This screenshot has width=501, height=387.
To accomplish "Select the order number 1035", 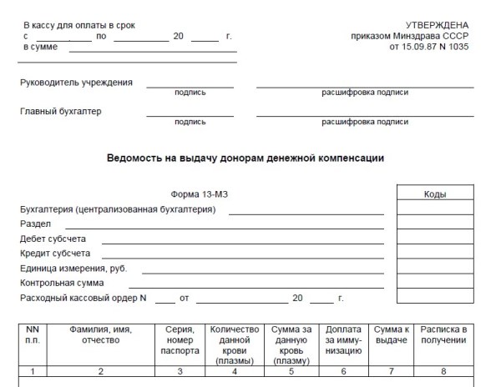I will pyautogui.click(x=458, y=47).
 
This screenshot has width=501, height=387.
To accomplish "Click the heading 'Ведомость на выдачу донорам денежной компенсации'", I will pyautogui.click(x=246, y=158).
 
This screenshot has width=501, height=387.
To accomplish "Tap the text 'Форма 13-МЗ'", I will pyautogui.click(x=200, y=194).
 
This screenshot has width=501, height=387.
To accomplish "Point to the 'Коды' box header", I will pyautogui.click(x=435, y=194).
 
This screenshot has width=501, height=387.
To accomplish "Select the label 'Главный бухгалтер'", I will pyautogui.click(x=60, y=111).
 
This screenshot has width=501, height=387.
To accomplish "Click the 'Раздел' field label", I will pyautogui.click(x=36, y=224).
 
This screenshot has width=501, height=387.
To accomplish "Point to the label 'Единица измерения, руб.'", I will pyautogui.click(x=73, y=268).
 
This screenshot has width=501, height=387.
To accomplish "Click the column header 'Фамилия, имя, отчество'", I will pyautogui.click(x=101, y=334).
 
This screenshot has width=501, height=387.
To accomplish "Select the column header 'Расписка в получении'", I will pyautogui.click(x=443, y=334).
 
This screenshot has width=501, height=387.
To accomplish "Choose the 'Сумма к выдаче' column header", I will pyautogui.click(x=390, y=334).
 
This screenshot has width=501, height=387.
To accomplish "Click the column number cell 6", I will pyautogui.click(x=343, y=370).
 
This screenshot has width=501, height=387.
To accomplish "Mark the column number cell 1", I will pyautogui.click(x=32, y=370).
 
